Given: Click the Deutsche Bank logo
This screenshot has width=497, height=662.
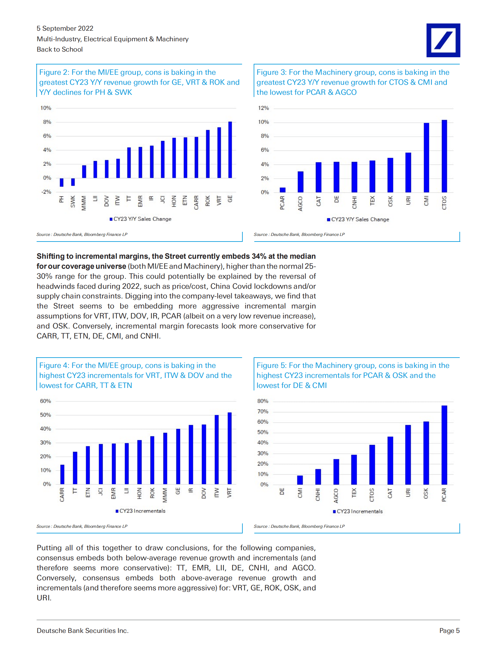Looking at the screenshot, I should click(443, 40).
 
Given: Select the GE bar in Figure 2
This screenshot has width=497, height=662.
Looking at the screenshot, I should click(230, 150).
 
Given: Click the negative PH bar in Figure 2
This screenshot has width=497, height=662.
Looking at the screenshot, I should click(62, 182).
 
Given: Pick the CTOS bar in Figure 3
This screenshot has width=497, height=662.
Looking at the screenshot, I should click(444, 156).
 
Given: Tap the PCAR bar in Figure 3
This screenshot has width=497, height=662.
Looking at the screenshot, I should click(282, 190).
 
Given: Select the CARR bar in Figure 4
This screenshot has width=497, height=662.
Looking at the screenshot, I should click(62, 475).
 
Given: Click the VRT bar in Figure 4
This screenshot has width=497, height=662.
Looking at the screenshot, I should click(230, 448).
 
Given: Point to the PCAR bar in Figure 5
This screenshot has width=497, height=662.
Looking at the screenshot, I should click(444, 445).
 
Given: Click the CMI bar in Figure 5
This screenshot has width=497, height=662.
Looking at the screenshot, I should click(300, 480).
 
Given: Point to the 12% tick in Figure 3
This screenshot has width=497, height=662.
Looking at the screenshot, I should click(263, 108).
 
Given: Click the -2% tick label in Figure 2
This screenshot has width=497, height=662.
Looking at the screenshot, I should click(46, 192).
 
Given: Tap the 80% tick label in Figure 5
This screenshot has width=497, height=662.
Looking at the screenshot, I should click(263, 401).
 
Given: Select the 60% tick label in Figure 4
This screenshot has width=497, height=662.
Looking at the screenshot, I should click(45, 401).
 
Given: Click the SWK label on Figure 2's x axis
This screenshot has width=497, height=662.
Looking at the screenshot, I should click(73, 201).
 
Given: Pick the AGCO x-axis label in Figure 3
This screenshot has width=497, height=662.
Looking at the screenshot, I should click(300, 204).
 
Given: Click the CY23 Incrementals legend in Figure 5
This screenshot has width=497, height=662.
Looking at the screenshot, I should click(358, 512).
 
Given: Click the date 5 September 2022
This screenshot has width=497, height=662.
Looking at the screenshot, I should click(65, 28).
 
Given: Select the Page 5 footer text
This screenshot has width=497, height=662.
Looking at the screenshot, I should click(449, 631).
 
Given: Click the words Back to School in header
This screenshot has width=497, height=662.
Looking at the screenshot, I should click(60, 49).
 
